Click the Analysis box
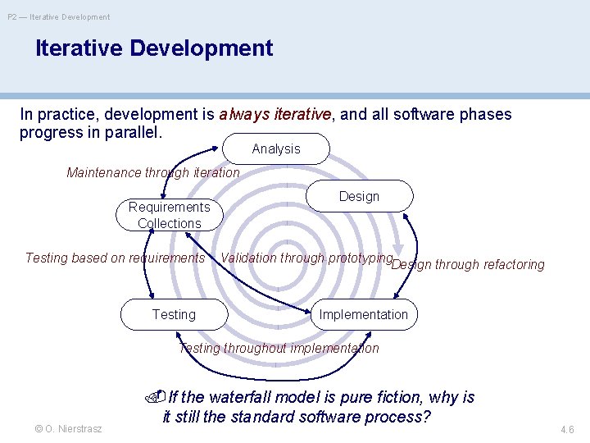(276, 149)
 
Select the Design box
(359, 196)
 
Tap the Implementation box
(363, 314)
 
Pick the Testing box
(174, 314)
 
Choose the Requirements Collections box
(169, 215)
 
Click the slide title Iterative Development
(154, 48)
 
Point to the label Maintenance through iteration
(153, 173)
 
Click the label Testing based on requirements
(115, 258)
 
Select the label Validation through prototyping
(306, 258)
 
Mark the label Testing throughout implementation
(279, 348)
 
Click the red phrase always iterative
(275, 115)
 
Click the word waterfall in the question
(243, 398)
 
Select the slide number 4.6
(566, 429)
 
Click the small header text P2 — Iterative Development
(58, 16)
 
